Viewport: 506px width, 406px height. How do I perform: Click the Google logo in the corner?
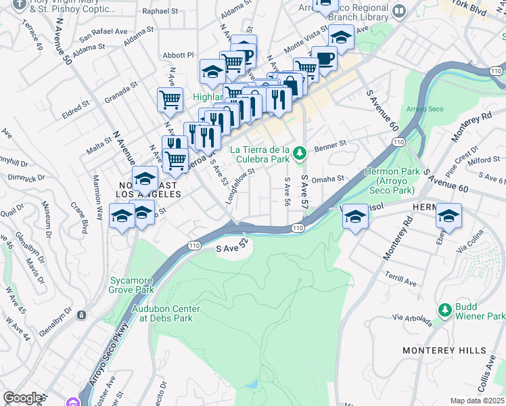23,398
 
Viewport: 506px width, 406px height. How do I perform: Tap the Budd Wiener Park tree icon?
444,309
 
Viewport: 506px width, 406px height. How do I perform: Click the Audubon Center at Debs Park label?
166,313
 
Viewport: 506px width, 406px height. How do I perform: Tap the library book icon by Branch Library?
399,11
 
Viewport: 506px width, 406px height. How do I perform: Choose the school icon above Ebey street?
448,216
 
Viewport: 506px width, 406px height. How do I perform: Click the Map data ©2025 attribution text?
477,401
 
